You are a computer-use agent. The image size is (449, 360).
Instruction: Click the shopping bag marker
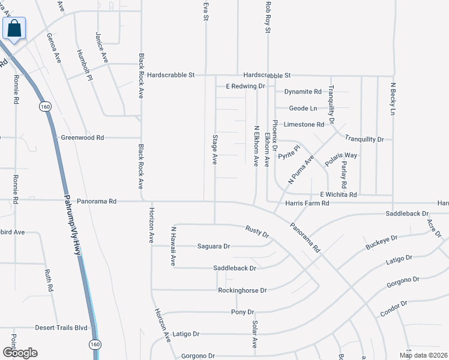pos(14,28)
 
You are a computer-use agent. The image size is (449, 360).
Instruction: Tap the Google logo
pos(20,353)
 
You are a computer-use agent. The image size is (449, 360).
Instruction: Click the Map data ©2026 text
pos(423,355)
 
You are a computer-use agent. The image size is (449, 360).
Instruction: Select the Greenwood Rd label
pos(82,137)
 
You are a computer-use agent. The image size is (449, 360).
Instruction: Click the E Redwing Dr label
pos(245,86)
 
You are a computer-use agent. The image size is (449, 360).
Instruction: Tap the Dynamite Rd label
pos(303,92)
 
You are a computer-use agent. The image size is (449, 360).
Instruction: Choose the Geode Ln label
pos(303,109)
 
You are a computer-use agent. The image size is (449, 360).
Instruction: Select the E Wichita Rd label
pos(338,194)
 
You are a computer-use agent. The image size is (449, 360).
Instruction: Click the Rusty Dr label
pos(257,230)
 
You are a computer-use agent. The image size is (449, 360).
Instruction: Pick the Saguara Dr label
pos(214,246)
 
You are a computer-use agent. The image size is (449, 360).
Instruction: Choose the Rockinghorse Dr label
pos(242,290)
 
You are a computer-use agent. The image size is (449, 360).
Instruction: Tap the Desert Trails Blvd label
pos(61,328)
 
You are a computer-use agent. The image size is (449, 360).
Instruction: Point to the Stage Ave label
pos(214,149)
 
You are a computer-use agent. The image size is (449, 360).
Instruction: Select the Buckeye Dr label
pos(382,242)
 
